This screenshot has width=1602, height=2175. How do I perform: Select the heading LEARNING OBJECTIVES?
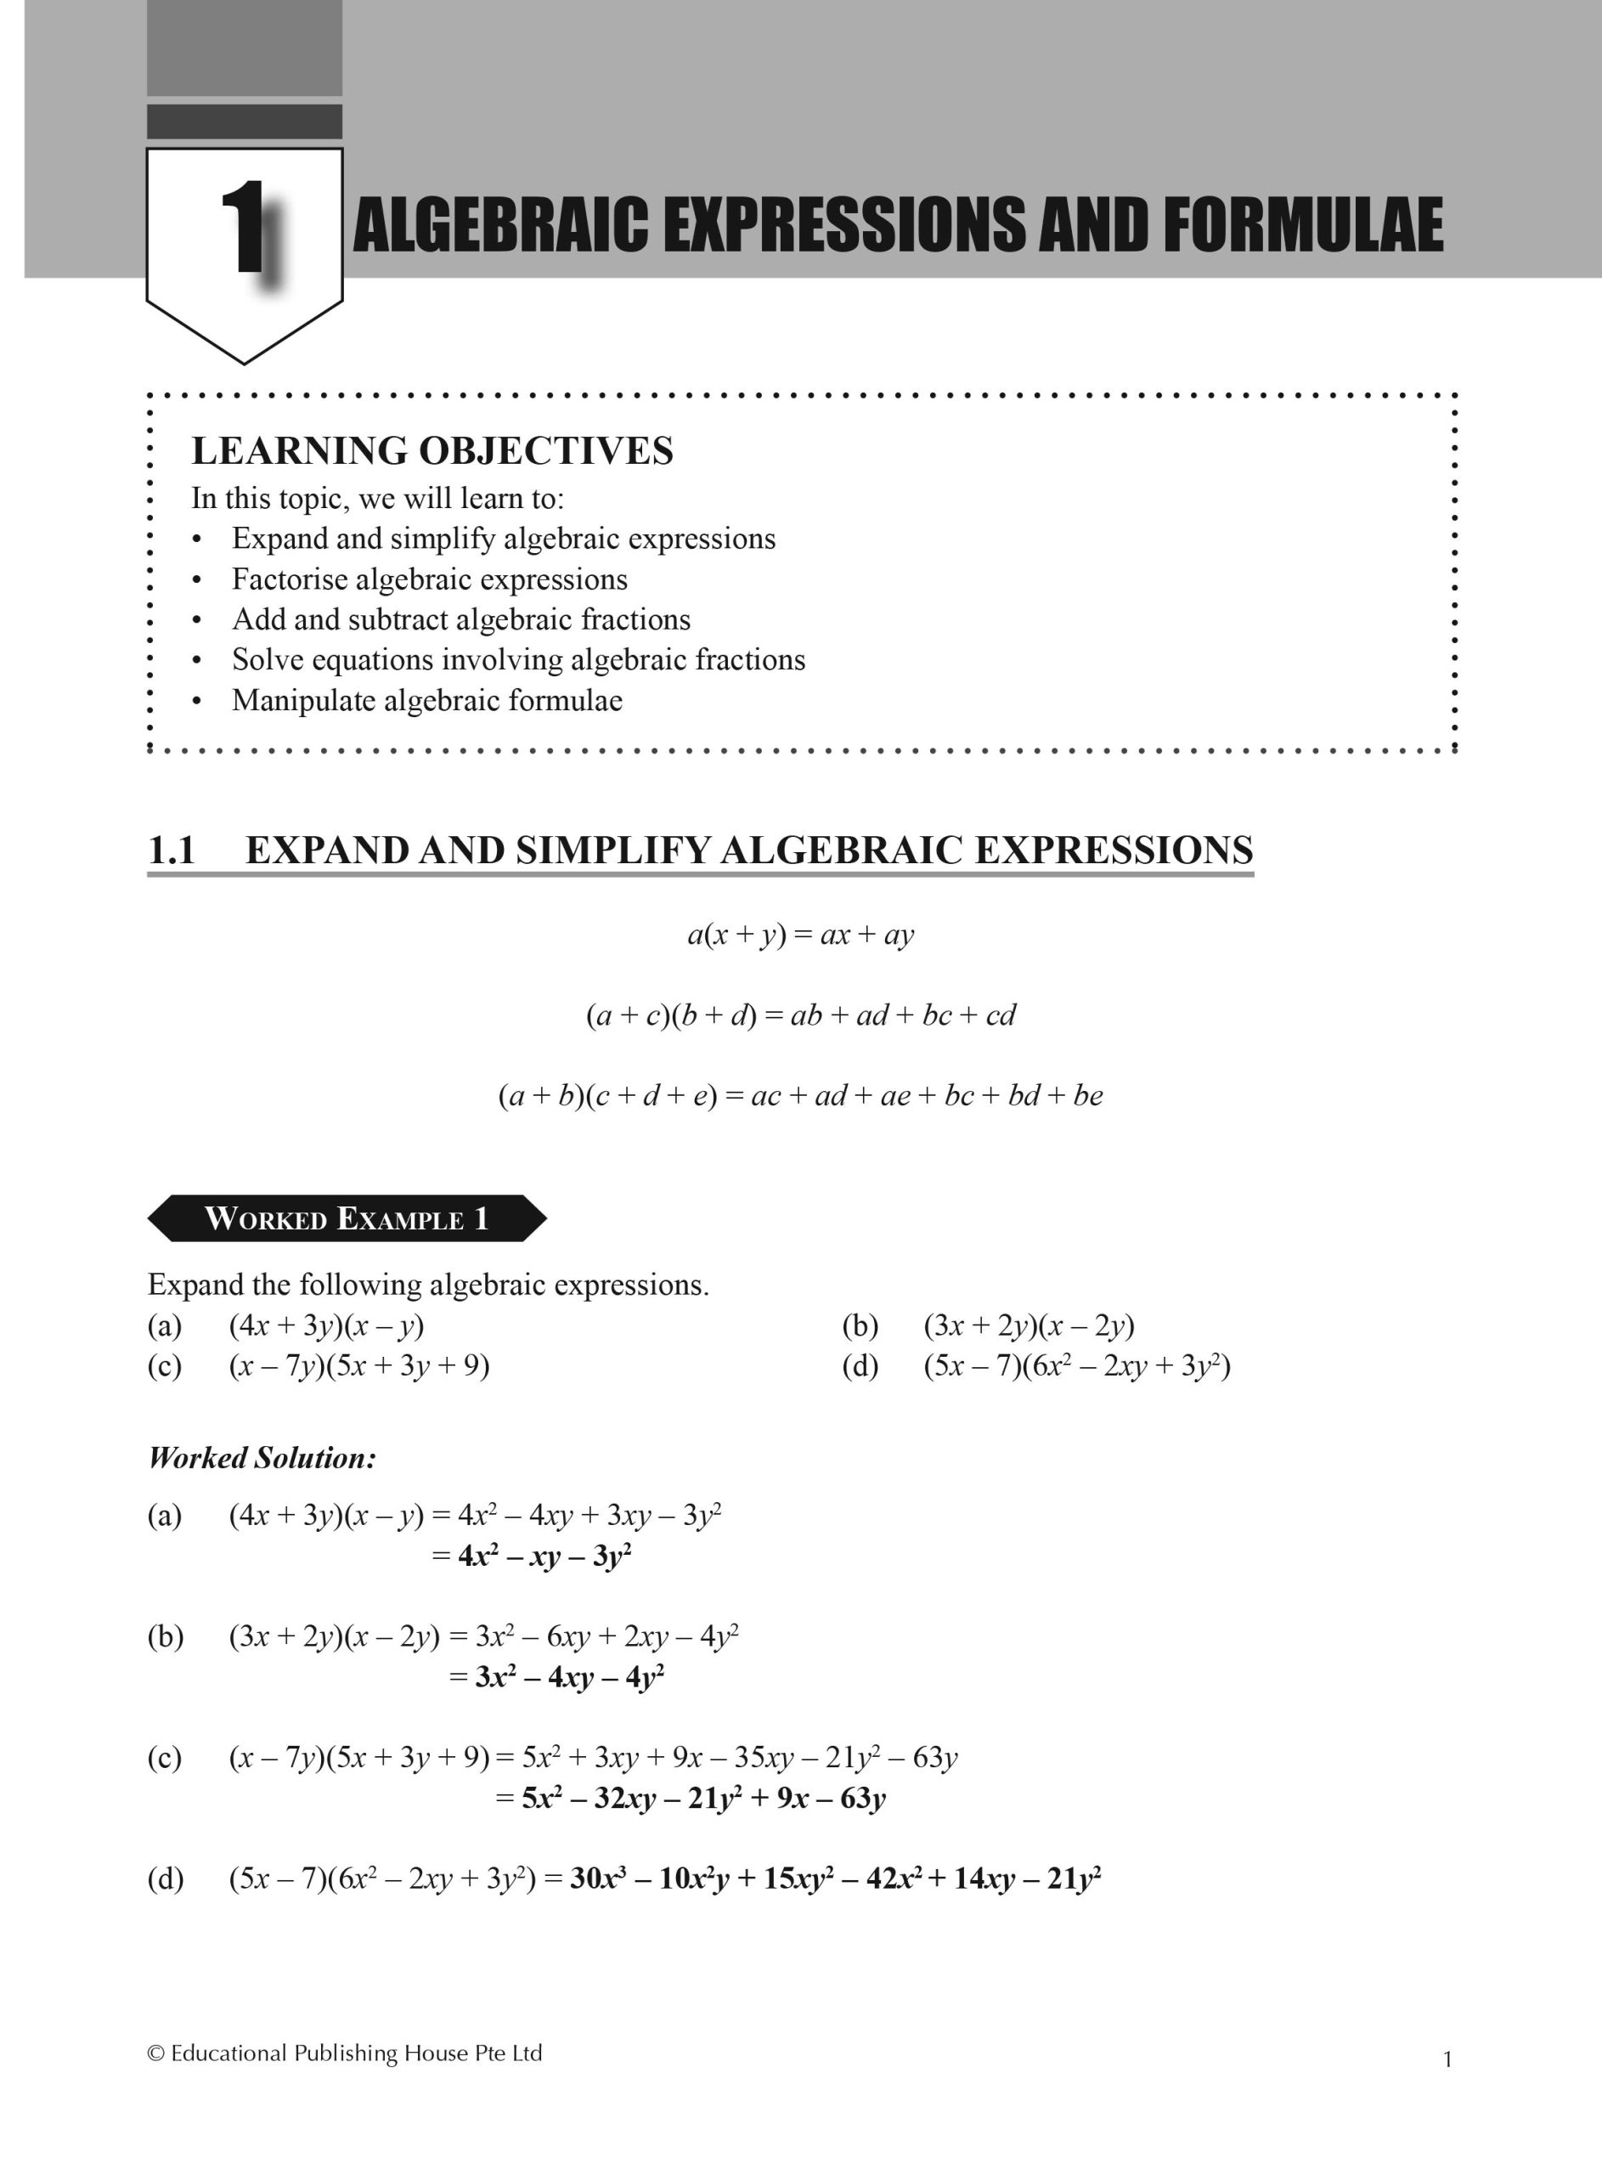(432, 451)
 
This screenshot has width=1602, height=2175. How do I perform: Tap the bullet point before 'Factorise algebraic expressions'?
(197, 580)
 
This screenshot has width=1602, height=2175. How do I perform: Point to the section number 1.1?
(172, 850)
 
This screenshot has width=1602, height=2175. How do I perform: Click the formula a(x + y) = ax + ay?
(800, 934)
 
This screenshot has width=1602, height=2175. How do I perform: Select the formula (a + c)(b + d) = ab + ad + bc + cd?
(800, 1014)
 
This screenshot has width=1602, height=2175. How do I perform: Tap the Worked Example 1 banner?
(347, 1218)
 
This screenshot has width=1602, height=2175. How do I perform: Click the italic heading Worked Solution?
(262, 1457)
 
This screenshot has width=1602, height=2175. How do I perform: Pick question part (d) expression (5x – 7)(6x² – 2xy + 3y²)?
(1076, 1365)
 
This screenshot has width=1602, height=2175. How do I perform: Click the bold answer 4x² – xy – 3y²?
(544, 1556)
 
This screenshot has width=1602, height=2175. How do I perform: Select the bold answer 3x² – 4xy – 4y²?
(569, 1677)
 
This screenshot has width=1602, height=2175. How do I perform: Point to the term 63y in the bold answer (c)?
(862, 1799)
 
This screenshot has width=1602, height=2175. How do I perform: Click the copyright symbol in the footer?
(155, 2053)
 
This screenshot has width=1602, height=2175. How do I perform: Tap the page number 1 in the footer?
(1447, 2059)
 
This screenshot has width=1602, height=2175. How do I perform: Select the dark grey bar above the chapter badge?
(245, 121)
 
